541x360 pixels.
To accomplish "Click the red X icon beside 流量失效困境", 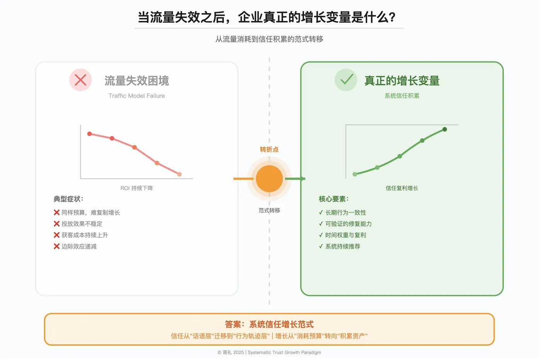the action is [80, 80].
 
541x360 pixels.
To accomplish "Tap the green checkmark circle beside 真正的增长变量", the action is [346, 80].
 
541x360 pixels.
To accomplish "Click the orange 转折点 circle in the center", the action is [269, 178].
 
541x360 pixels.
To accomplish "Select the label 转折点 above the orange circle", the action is [269, 149].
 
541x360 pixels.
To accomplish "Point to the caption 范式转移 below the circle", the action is [269, 211].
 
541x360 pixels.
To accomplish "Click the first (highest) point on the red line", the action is [90, 134].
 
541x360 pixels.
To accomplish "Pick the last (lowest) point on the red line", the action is [179, 174].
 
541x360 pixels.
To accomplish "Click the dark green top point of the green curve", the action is [445, 129].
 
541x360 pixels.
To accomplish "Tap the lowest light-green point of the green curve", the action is [355, 174].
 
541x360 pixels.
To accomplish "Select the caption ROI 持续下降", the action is [136, 188].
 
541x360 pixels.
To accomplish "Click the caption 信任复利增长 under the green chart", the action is [402, 188].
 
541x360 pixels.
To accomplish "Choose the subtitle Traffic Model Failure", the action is [136, 96].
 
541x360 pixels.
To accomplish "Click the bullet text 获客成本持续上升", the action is [85, 235].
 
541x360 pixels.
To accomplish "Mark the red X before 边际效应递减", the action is [56, 246].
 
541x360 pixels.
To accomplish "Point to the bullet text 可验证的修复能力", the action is [348, 224].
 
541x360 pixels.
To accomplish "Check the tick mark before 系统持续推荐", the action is [321, 246].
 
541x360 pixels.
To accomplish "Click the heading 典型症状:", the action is [68, 199].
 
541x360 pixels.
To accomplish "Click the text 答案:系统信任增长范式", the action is [269, 324].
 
